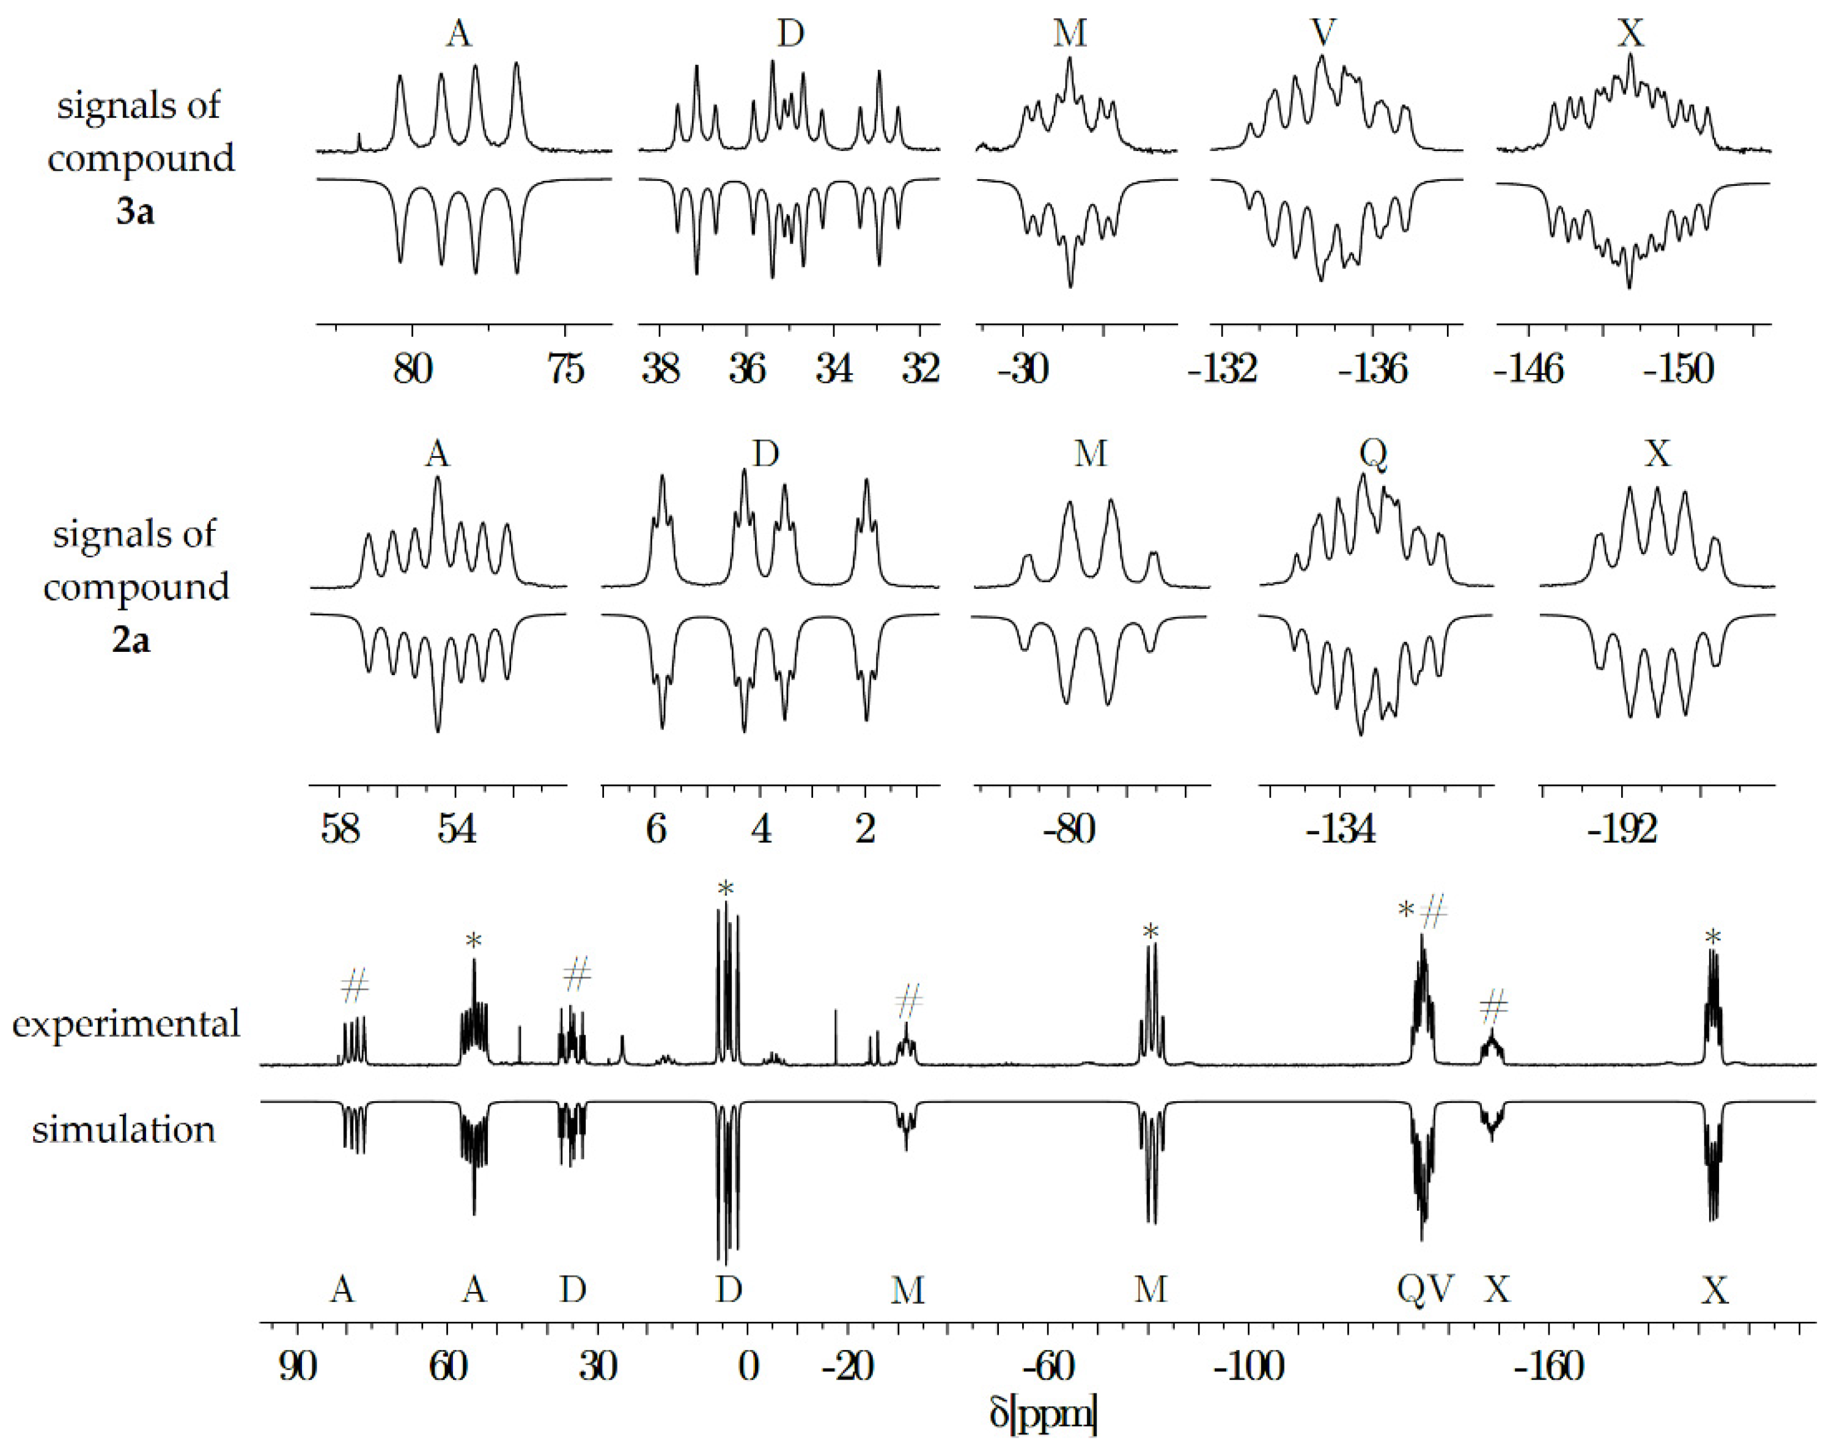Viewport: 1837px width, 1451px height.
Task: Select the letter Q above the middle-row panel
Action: [x=1373, y=454]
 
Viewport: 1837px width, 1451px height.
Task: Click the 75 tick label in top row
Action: [x=565, y=369]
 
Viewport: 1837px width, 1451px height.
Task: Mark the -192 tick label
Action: [x=1621, y=829]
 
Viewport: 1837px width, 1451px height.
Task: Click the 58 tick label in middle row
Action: [x=340, y=829]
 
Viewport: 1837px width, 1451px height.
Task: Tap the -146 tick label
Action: [x=1529, y=369]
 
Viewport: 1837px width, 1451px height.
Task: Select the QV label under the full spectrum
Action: [x=1425, y=1290]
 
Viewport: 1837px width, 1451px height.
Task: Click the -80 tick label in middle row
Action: [x=1069, y=829]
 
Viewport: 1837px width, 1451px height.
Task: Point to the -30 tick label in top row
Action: [x=1023, y=369]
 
